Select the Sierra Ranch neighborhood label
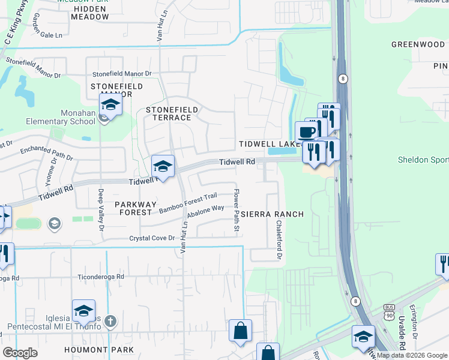[x=273, y=214]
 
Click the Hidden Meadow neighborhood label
[x=90, y=13]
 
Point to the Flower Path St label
[x=237, y=211]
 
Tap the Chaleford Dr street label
[x=279, y=239]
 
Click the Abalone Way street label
[x=206, y=211]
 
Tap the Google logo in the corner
[x=20, y=353]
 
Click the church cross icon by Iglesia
[x=109, y=322]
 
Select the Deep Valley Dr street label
[x=101, y=211]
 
